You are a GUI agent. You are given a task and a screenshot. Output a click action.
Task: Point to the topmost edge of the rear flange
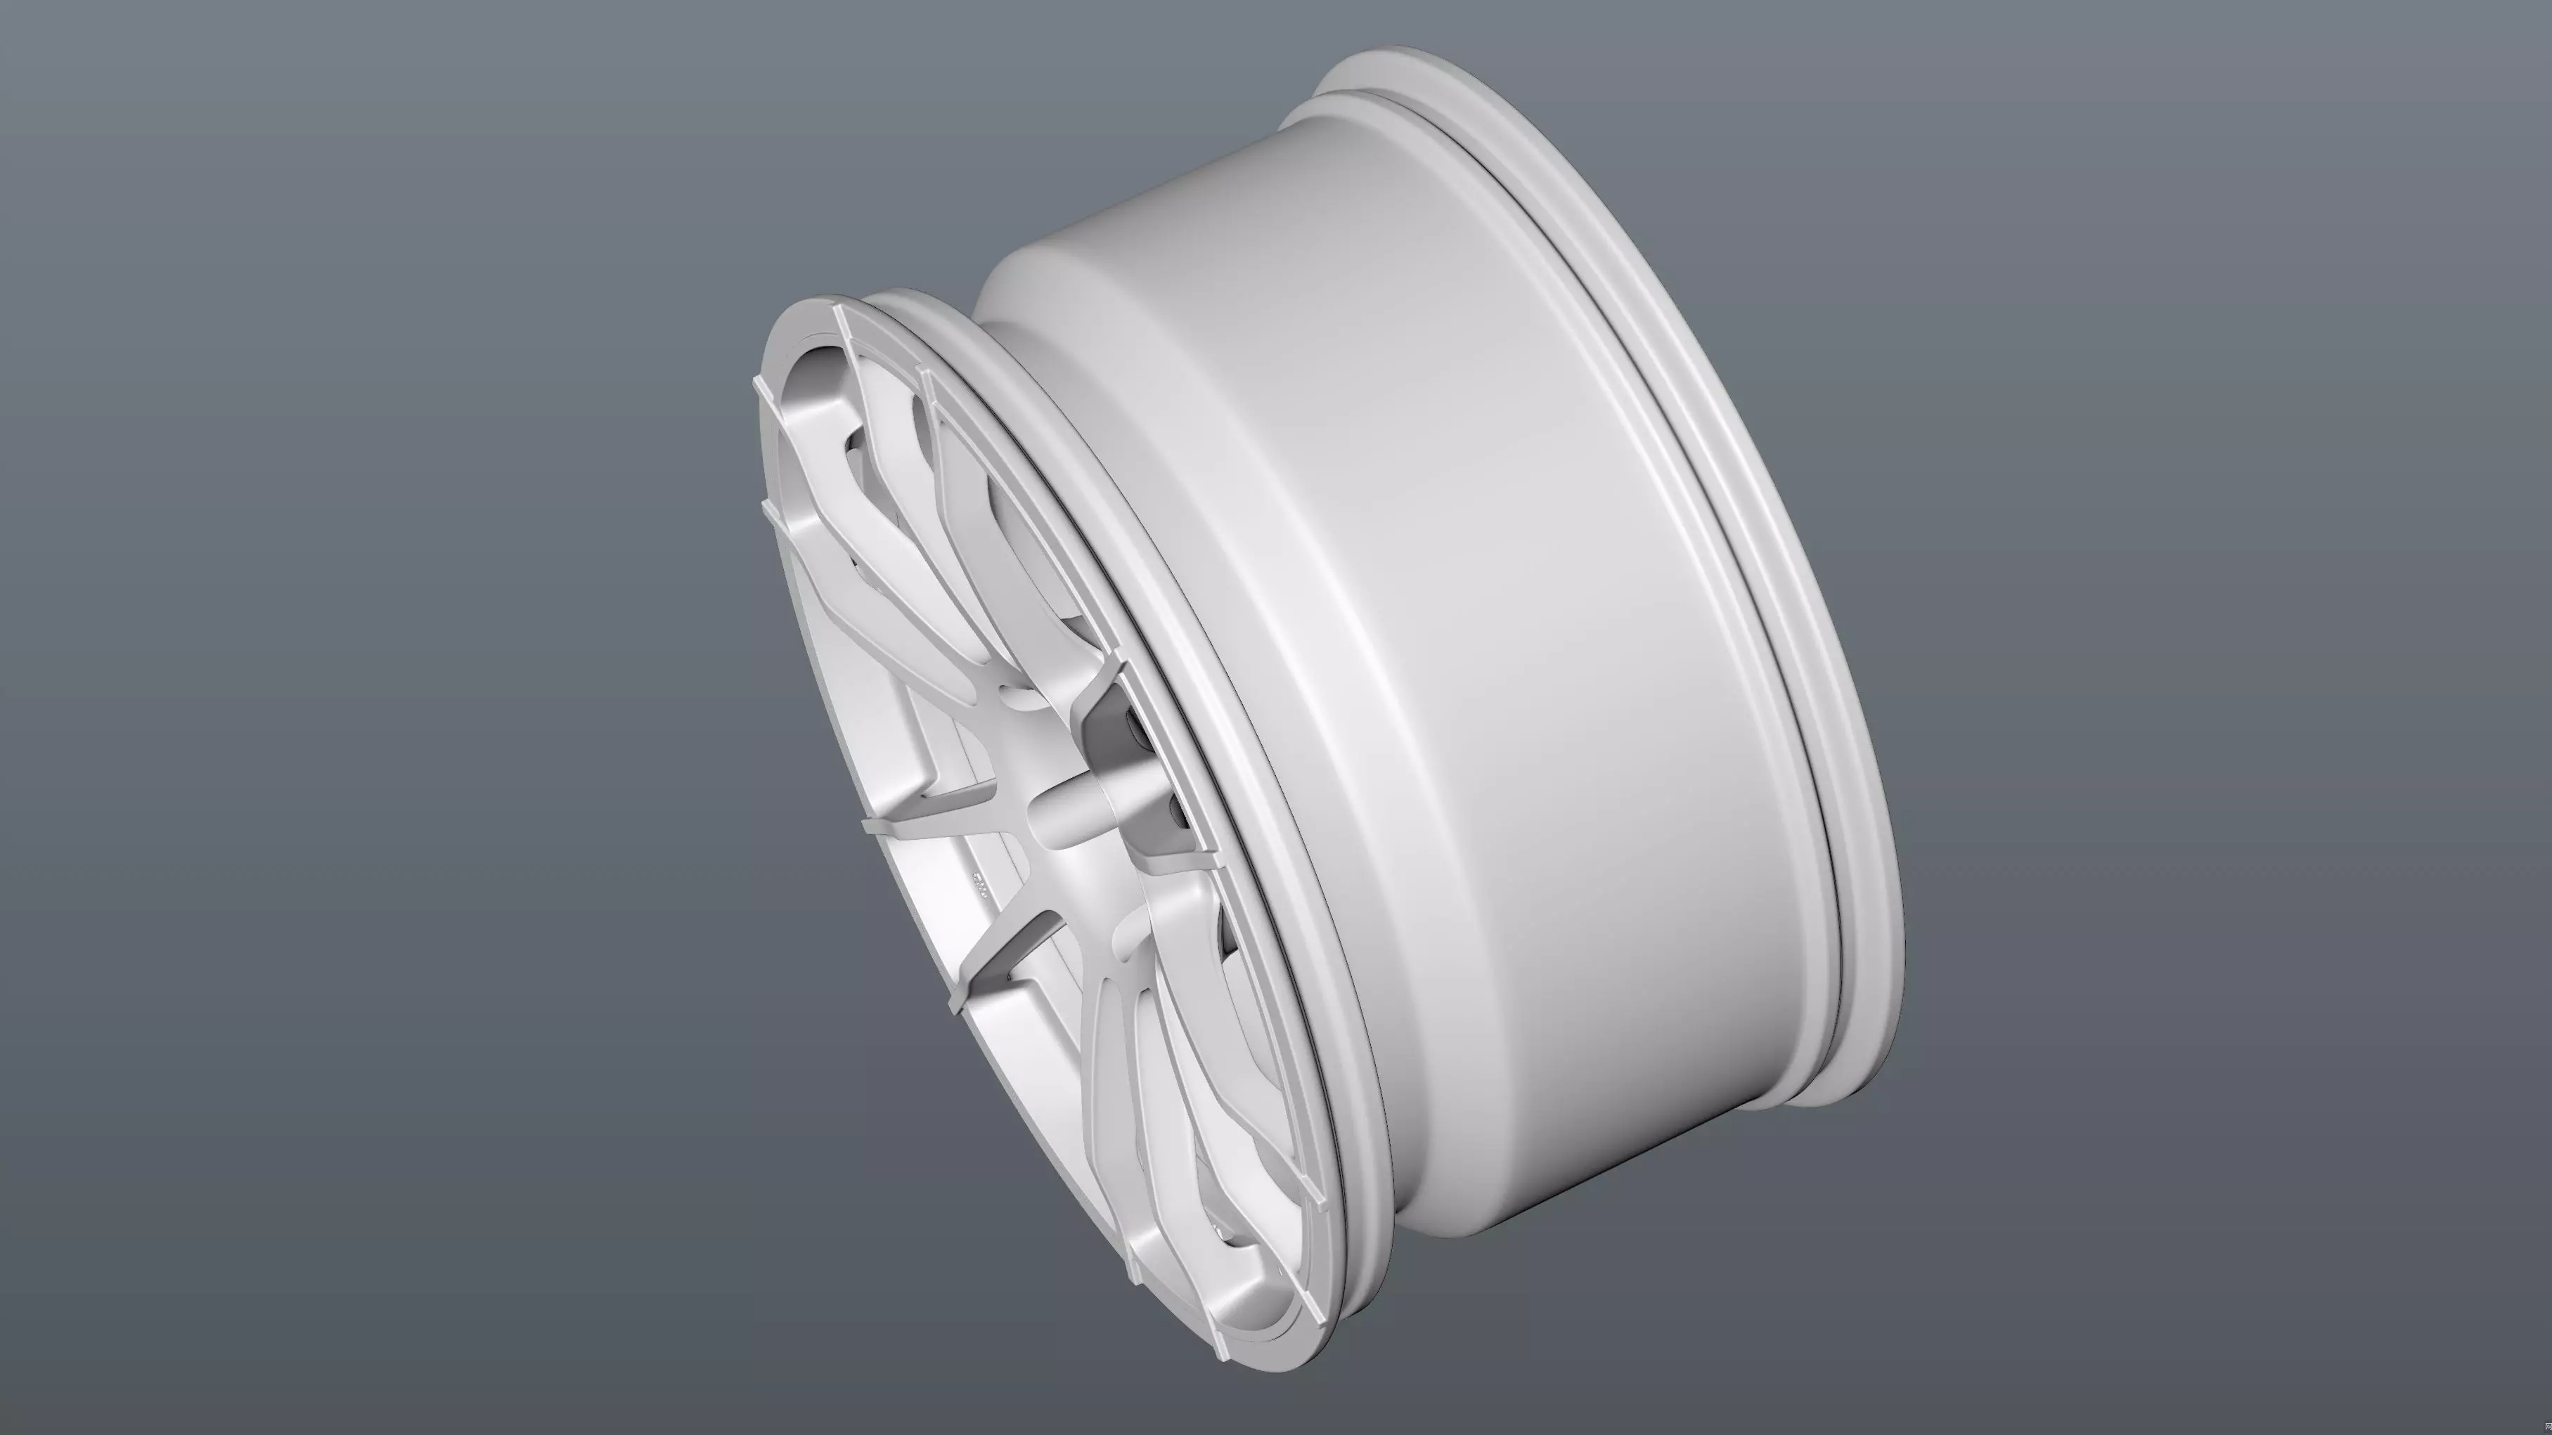pos(1387,51)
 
